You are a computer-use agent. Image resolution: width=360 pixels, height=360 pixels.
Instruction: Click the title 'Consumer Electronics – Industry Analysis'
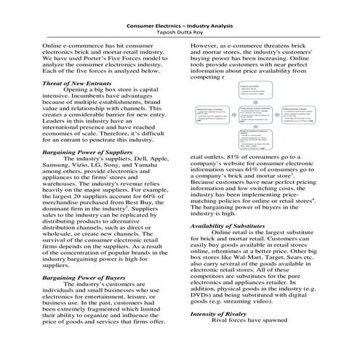click(179, 25)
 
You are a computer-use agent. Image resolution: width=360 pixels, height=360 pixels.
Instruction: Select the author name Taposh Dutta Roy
click(179, 33)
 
